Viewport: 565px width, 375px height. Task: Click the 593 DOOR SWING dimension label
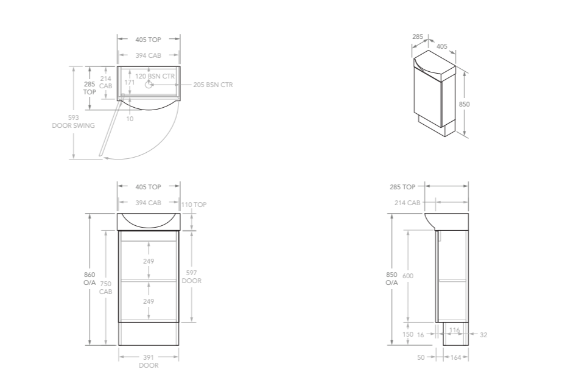tap(73, 121)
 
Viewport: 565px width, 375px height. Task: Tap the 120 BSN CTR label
tap(155, 76)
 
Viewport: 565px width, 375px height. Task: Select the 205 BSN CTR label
tap(212, 85)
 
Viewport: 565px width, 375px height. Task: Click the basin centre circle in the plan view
tap(148, 85)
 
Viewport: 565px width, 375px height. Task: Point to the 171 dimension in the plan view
tap(130, 82)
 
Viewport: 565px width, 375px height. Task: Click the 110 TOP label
tap(195, 205)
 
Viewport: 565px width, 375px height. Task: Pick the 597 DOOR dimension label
tap(192, 277)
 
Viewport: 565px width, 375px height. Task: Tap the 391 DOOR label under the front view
tap(149, 361)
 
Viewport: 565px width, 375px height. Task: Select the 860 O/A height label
tap(90, 278)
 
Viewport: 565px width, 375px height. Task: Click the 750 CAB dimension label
tap(106, 287)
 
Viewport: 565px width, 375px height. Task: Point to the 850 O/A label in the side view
tap(391, 278)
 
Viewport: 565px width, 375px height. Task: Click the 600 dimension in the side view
tap(408, 276)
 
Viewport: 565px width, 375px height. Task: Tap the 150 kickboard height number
tap(408, 334)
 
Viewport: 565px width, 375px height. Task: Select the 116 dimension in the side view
tap(454, 330)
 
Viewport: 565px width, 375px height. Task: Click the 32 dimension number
tap(483, 334)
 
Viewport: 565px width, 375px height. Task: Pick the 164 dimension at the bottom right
tap(455, 357)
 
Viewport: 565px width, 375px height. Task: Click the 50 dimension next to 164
tap(421, 357)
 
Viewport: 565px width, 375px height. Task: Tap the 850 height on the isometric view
tap(464, 104)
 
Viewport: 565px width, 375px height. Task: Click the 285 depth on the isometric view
tap(418, 37)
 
